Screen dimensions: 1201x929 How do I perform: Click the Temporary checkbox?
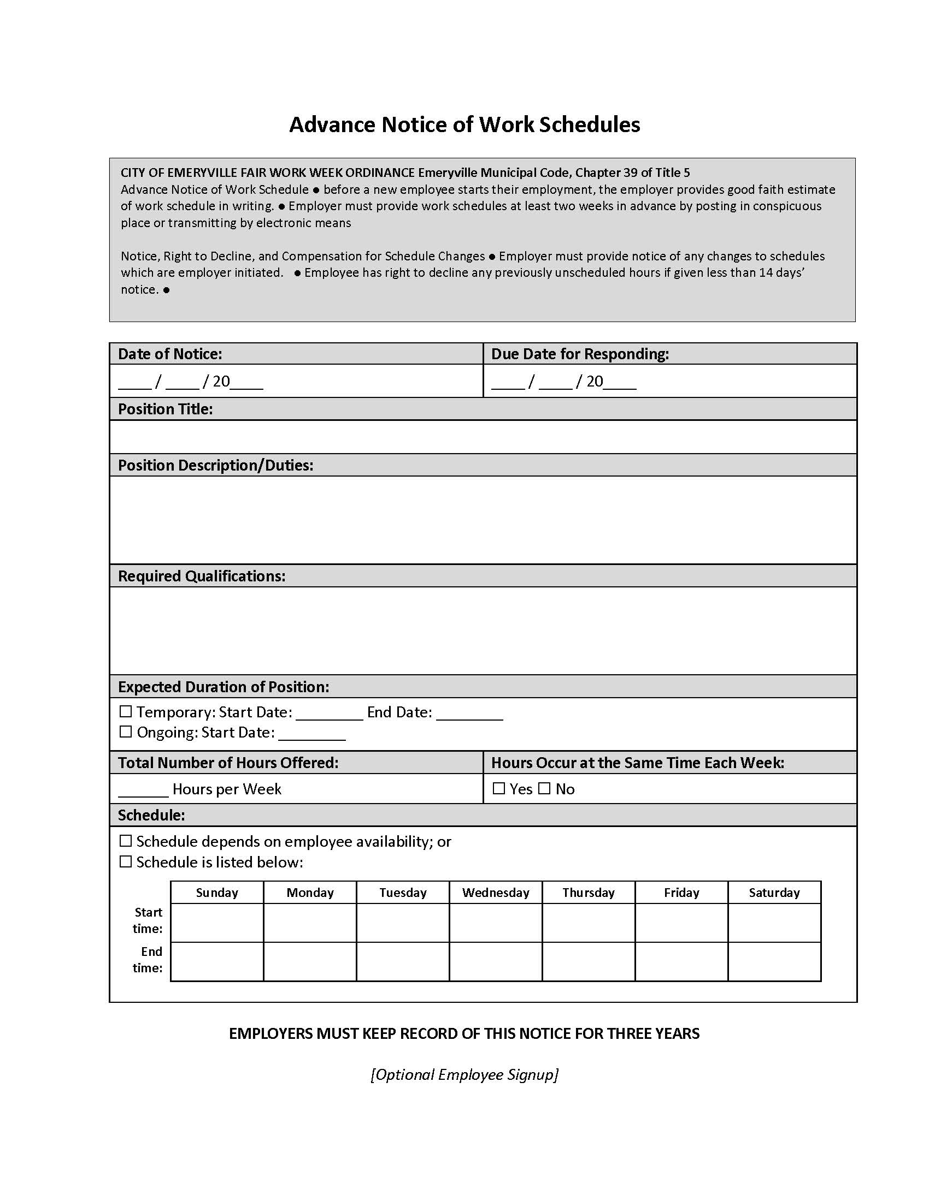[x=126, y=711]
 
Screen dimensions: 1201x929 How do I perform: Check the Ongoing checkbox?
[x=126, y=732]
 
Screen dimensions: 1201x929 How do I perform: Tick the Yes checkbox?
[x=498, y=789]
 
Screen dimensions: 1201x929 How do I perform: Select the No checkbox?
[x=544, y=789]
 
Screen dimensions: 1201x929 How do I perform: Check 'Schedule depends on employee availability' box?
[x=126, y=841]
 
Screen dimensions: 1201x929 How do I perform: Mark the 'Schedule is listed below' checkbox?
[x=126, y=861]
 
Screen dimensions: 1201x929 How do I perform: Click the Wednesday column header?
[x=495, y=893]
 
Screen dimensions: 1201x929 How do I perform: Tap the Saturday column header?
[x=774, y=893]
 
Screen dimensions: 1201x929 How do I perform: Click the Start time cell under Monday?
[x=310, y=922]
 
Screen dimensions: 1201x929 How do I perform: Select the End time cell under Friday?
[x=681, y=961]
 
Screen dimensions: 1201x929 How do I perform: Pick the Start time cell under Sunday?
[x=217, y=922]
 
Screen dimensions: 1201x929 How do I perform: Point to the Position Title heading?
[x=165, y=409]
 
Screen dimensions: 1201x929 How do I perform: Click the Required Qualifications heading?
[x=202, y=576]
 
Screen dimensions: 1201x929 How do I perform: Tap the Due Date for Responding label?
[x=579, y=354]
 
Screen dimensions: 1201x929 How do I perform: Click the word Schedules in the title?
[x=589, y=125]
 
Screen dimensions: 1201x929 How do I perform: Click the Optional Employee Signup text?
[x=465, y=1074]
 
